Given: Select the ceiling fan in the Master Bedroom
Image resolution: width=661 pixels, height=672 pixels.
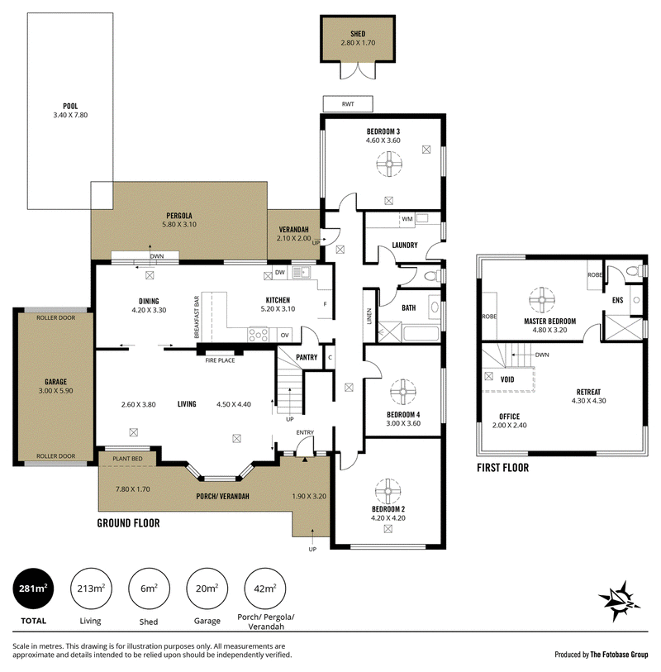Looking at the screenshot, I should click(x=544, y=298).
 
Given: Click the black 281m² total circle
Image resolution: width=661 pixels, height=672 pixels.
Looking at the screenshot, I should click(x=35, y=589).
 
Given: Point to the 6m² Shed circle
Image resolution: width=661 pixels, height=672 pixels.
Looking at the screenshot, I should click(x=150, y=589).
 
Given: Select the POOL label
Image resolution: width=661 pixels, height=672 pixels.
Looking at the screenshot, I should click(x=70, y=106).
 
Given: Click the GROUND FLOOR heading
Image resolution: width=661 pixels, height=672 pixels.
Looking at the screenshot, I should click(x=128, y=522).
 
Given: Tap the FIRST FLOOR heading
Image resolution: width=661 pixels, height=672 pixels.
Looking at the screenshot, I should click(x=502, y=468).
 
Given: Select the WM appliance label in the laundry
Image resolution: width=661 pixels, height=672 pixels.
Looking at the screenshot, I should click(x=407, y=219).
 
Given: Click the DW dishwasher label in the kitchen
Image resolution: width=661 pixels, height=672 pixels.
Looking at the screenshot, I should click(x=280, y=272).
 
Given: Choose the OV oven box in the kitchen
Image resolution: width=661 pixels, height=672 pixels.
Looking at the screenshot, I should click(x=284, y=335).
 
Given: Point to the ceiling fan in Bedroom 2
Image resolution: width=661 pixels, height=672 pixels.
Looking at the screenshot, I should click(x=387, y=491).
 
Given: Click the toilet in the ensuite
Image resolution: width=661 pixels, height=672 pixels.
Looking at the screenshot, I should click(x=632, y=270).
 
